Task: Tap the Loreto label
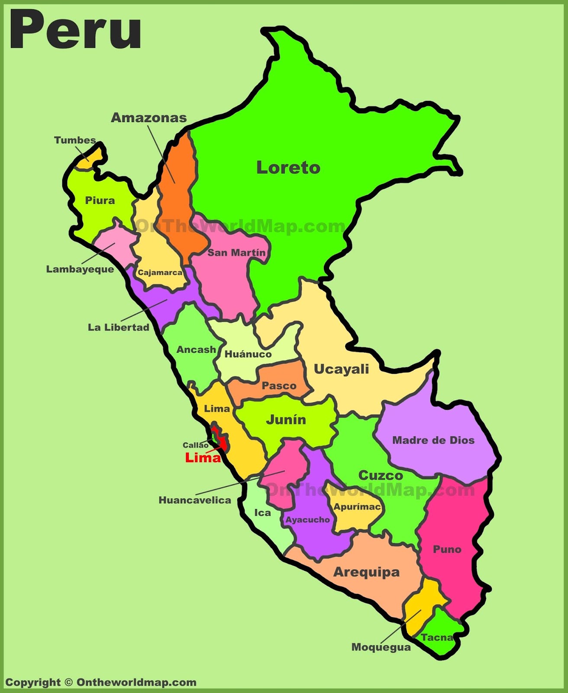click(288, 168)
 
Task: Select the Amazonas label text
click(149, 117)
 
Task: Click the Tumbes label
click(75, 140)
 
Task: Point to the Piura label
click(100, 200)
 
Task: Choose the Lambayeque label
click(80, 269)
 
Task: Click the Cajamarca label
click(160, 272)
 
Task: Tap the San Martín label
click(236, 253)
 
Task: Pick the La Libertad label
click(119, 327)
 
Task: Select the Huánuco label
click(248, 354)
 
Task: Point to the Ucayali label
click(341, 369)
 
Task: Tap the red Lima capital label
click(203, 457)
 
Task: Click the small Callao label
click(195, 445)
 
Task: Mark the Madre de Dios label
click(433, 440)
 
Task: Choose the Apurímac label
click(357, 506)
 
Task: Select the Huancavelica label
click(195, 500)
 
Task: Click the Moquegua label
click(381, 647)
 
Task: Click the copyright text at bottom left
click(100, 682)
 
